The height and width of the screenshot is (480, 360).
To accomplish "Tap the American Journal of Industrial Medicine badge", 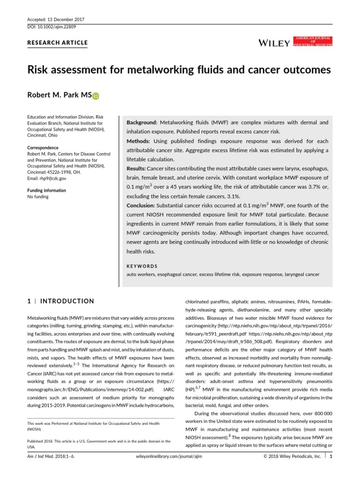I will pos(312,41).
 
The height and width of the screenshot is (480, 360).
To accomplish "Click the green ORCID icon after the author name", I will pos(96,96).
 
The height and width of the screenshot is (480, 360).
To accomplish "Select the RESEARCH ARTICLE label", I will pos(58,43).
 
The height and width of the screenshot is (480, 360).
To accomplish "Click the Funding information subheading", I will pos(46,190).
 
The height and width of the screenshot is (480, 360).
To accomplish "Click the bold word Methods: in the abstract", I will pos(139,141).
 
